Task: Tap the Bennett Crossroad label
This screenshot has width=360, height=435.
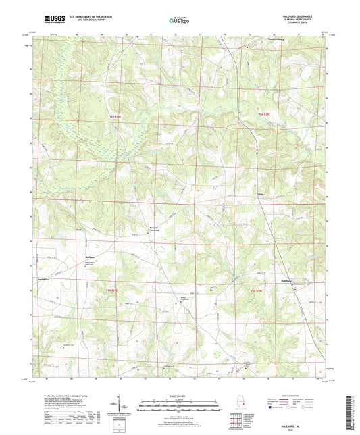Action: [x=155, y=230]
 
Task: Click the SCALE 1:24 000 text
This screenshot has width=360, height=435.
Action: [x=180, y=396]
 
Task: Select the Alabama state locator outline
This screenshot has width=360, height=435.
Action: [x=240, y=406]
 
